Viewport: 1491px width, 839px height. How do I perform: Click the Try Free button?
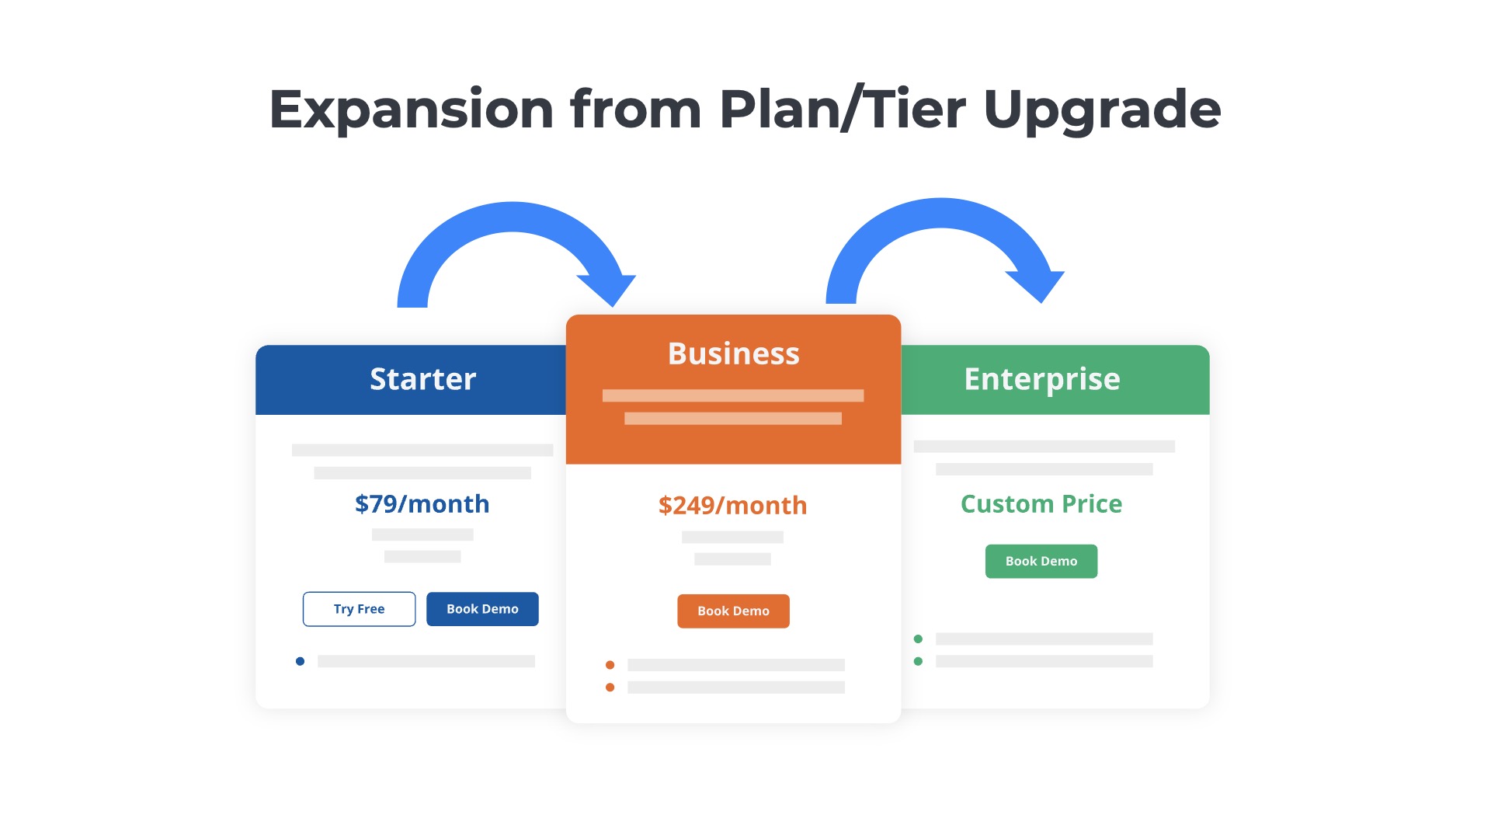tap(359, 609)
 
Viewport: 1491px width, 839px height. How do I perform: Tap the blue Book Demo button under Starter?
tap(482, 609)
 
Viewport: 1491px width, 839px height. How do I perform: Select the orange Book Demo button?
tap(733, 611)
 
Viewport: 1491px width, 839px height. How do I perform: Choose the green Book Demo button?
tap(1041, 561)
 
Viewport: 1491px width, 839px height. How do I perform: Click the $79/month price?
tap(422, 504)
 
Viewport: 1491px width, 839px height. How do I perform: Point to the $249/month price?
tap(732, 506)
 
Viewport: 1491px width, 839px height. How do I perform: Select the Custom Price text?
tap(1041, 504)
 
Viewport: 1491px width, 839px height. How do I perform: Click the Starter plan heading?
tap(422, 379)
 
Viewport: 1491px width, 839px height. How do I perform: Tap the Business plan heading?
tap(733, 353)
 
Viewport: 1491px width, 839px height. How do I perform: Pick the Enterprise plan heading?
tap(1041, 379)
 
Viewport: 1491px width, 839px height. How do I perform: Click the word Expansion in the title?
tap(411, 109)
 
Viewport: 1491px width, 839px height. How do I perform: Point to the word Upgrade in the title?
tap(1101, 109)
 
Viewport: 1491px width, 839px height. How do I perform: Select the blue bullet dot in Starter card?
tap(300, 661)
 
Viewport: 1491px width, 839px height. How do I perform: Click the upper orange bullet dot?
tap(610, 665)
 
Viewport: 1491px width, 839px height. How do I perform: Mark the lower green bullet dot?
tap(918, 661)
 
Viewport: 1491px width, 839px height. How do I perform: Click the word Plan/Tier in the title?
tap(842, 109)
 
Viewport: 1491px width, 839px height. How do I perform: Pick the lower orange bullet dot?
tap(610, 688)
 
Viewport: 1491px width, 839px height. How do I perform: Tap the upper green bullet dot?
tap(918, 639)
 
